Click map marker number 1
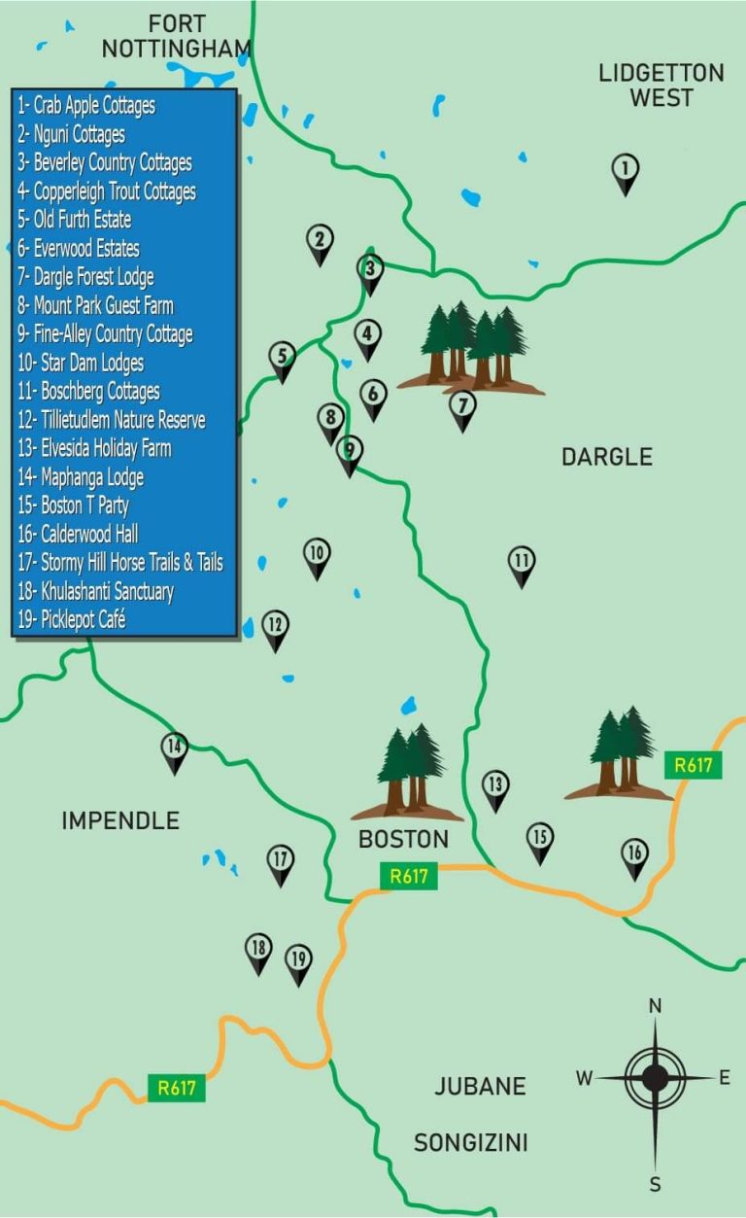pos(626,171)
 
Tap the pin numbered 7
pos(463,407)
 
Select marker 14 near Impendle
pos(174,749)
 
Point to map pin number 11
pos(522,563)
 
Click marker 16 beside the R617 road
pos(634,856)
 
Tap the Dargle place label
pos(607,457)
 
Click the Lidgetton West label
pos(661,86)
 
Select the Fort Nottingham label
pos(177,36)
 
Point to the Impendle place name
pos(120,820)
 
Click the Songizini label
pos(471,1142)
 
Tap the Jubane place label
pos(481,1086)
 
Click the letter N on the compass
pos(655,1005)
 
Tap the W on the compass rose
pos(584,1078)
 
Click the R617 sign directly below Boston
pos(409,876)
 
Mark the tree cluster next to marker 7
pos(473,348)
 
